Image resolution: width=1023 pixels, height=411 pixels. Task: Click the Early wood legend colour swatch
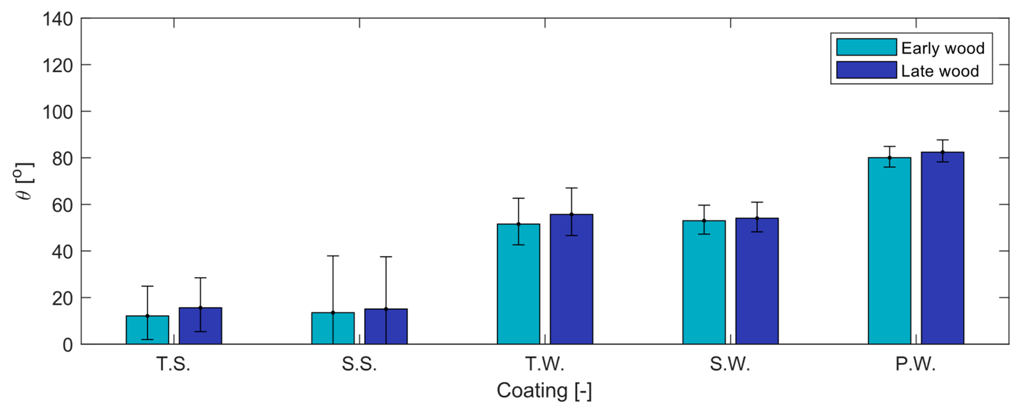(866, 47)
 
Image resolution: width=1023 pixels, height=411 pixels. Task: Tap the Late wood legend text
(939, 71)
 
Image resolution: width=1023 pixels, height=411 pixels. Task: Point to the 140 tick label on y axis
(58, 19)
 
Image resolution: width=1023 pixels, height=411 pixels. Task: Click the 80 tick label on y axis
(62, 159)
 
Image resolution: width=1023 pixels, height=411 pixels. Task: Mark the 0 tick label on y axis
(67, 345)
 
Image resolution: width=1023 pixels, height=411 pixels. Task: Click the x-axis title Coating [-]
(544, 391)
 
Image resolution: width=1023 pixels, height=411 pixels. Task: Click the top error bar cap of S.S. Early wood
(333, 256)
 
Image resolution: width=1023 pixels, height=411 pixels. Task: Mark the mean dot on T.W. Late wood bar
(571, 214)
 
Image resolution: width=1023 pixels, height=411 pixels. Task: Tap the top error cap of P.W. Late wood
(942, 140)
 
